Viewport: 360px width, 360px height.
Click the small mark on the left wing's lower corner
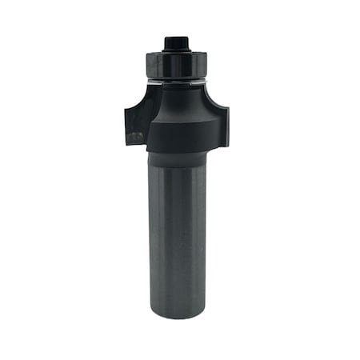tap(137, 138)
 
